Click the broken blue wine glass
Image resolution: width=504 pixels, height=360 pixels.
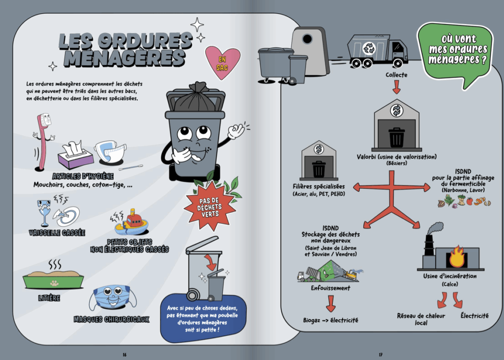click(x=45, y=212)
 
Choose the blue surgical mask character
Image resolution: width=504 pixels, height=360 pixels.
click(x=111, y=298)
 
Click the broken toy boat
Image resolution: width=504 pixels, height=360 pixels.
click(x=131, y=224)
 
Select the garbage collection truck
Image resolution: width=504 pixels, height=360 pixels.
click(x=377, y=50)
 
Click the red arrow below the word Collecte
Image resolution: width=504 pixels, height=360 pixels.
click(x=396, y=87)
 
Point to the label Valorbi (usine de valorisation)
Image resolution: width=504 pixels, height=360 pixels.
click(x=396, y=157)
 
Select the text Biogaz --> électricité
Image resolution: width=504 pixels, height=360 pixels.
click(x=330, y=320)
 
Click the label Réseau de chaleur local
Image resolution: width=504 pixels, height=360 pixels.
click(x=413, y=319)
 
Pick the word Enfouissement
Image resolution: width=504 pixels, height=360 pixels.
click(x=330, y=288)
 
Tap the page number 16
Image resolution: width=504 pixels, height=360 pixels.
click(x=125, y=355)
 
